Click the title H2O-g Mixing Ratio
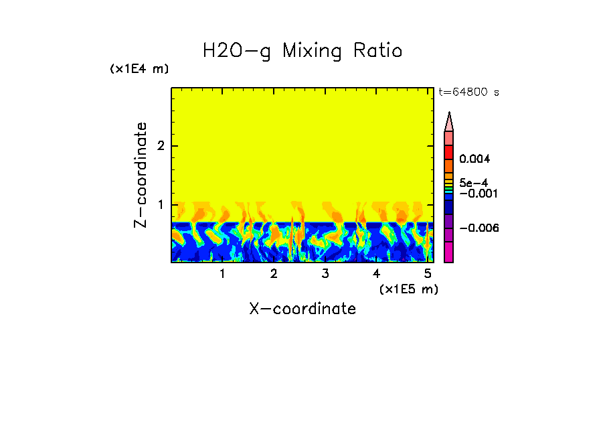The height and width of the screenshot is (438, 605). click(x=302, y=51)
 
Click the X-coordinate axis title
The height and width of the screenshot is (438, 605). click(x=302, y=309)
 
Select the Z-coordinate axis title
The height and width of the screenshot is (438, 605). click(x=141, y=175)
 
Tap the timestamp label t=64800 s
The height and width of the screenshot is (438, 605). click(x=468, y=92)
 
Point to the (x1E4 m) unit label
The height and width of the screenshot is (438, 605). click(x=139, y=69)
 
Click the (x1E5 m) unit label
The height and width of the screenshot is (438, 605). click(x=408, y=289)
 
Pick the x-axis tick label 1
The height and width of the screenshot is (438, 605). click(x=222, y=273)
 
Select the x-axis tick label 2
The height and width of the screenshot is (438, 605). click(x=274, y=273)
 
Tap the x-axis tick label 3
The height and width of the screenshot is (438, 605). click(x=325, y=273)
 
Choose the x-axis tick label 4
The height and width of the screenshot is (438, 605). click(x=376, y=273)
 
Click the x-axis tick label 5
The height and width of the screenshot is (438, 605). click(x=427, y=273)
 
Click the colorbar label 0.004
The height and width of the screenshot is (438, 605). click(x=474, y=159)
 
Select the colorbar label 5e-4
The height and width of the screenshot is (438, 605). click(x=473, y=182)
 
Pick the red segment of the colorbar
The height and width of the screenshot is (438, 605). click(x=449, y=152)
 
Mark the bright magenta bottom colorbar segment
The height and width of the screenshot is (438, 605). click(x=449, y=252)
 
